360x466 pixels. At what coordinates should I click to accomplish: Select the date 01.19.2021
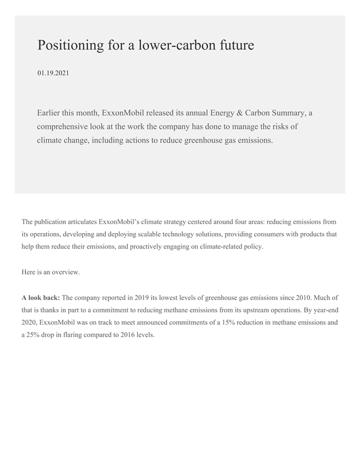[x=53, y=73]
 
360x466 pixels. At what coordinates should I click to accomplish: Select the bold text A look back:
[x=41, y=298]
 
